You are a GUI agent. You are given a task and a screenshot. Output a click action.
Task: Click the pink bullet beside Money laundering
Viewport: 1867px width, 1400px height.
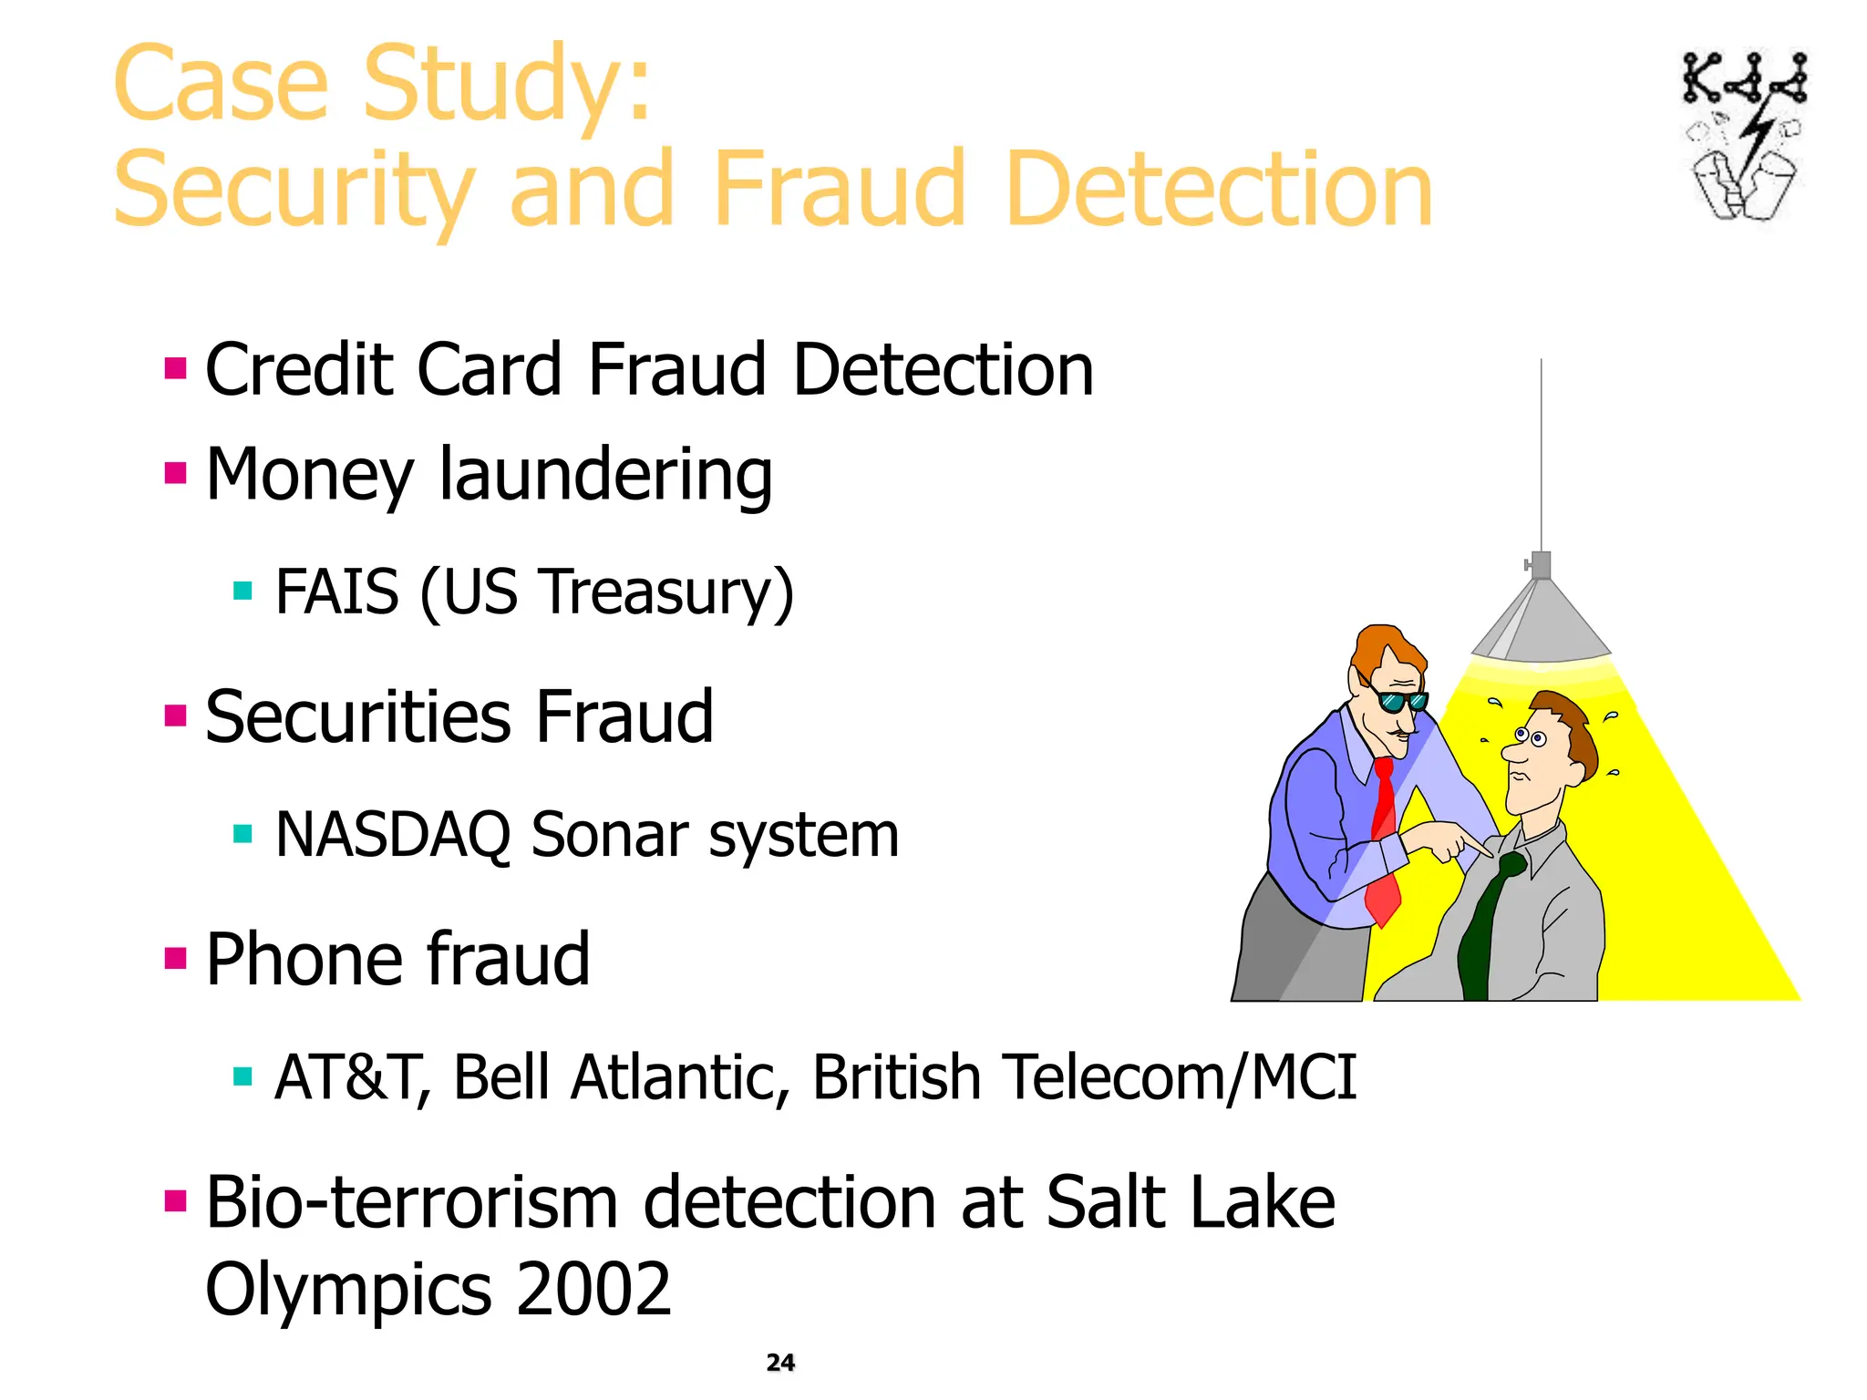click(175, 473)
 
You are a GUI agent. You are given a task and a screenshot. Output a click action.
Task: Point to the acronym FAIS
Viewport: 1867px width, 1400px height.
click(336, 592)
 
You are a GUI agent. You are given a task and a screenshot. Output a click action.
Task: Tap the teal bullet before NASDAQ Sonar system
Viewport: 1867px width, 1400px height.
click(242, 834)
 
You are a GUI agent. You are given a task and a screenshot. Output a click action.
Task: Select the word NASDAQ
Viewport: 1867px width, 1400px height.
click(392, 835)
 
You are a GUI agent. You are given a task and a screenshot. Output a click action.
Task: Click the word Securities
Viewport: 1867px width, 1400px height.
click(358, 716)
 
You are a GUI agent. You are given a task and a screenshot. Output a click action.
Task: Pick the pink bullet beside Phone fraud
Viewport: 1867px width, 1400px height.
click(175, 959)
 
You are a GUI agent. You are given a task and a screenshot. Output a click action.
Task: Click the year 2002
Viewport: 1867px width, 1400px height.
click(593, 1289)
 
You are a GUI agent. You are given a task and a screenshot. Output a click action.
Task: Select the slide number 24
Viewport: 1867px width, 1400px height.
click(780, 1363)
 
